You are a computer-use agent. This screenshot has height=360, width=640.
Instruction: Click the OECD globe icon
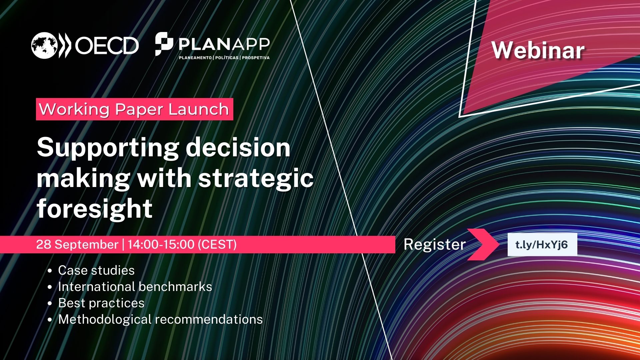(x=44, y=45)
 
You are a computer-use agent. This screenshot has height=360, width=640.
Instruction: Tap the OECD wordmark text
(x=107, y=46)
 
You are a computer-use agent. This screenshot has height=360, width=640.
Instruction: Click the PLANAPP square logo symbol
(x=164, y=44)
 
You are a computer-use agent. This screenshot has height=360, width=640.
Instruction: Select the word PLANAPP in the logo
(x=224, y=44)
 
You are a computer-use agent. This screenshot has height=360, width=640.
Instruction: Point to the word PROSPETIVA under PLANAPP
(x=256, y=58)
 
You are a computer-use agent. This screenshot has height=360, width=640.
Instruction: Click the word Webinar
(x=538, y=50)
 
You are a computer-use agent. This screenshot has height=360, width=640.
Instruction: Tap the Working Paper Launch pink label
(x=134, y=109)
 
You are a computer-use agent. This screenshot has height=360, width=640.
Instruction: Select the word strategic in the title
(x=256, y=179)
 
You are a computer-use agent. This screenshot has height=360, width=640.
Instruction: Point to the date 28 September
(x=77, y=244)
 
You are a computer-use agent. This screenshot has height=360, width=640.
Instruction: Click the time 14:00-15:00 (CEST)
(x=182, y=244)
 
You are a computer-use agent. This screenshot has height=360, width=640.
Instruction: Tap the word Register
(x=434, y=244)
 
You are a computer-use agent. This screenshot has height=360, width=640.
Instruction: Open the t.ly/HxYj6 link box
(x=542, y=245)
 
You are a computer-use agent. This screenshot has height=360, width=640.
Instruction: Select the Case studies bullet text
(x=96, y=270)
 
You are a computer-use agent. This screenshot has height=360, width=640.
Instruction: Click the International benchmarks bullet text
(x=135, y=287)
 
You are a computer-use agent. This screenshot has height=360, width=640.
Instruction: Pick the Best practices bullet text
(x=101, y=303)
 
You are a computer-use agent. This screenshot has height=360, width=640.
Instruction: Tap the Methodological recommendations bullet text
(x=160, y=319)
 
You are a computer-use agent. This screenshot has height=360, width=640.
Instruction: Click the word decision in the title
(x=238, y=148)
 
